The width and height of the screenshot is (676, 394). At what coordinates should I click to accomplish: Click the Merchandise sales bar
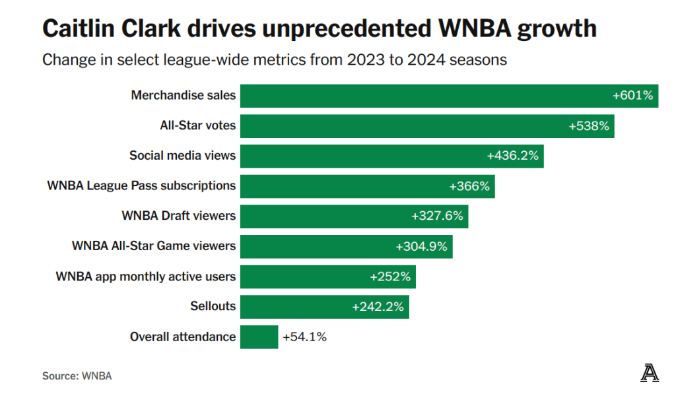[x=422, y=96]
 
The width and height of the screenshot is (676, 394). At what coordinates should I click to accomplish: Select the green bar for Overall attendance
[x=259, y=337]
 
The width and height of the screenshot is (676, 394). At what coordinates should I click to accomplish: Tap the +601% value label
[x=632, y=96]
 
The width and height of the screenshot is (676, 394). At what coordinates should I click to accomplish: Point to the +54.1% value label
[x=304, y=337]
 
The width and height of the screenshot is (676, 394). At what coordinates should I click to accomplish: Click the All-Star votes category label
[x=197, y=125]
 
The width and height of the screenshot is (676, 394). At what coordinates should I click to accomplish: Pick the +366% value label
[x=469, y=186]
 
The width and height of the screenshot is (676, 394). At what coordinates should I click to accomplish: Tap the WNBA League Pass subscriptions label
[x=141, y=185]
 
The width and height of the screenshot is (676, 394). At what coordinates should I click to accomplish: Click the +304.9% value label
[x=421, y=246]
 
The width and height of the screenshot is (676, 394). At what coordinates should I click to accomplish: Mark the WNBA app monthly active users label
[x=145, y=277]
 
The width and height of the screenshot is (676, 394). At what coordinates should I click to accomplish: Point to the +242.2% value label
[x=378, y=307]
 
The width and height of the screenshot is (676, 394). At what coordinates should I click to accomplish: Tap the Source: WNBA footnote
[x=77, y=376]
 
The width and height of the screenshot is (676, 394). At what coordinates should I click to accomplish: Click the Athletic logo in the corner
[x=649, y=374]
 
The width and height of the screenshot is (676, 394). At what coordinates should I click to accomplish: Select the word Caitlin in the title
[x=73, y=29]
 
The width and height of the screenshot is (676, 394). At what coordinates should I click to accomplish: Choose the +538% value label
[x=589, y=125]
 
